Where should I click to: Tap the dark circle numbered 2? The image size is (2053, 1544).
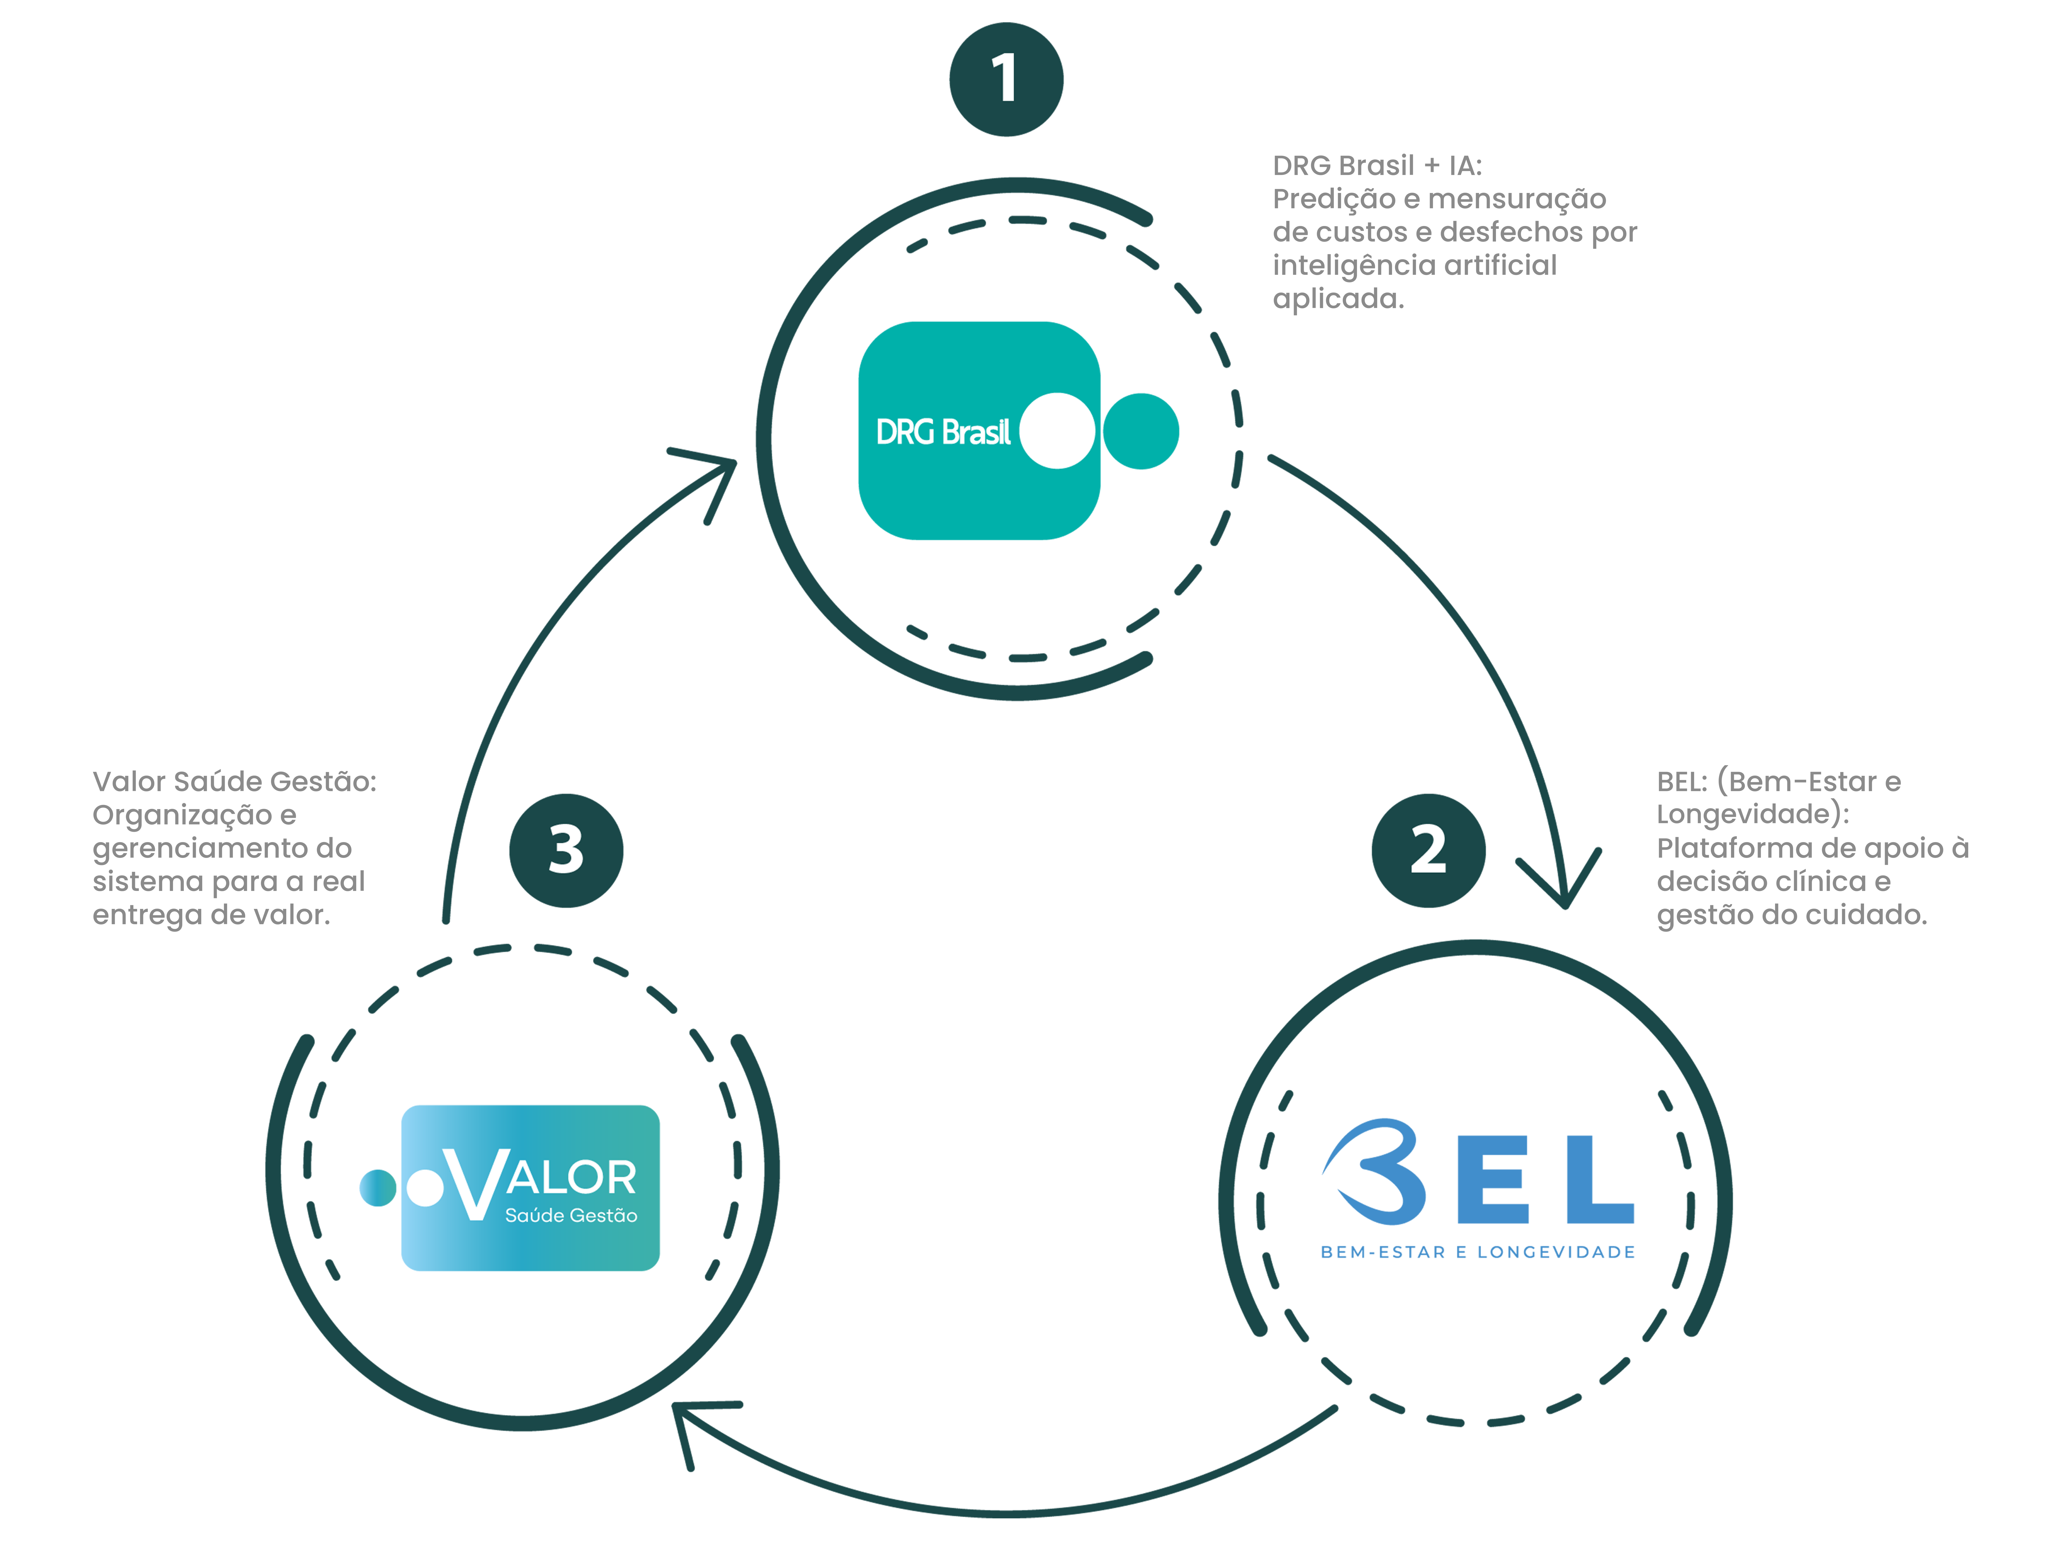(x=1428, y=850)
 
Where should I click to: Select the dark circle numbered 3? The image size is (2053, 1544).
(x=566, y=850)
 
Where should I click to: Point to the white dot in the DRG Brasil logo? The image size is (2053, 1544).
(x=1057, y=431)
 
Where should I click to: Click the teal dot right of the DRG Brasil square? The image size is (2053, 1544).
(x=1141, y=431)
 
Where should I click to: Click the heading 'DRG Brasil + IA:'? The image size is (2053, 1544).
(x=1377, y=165)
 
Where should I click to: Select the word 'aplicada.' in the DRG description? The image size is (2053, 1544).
(x=1338, y=299)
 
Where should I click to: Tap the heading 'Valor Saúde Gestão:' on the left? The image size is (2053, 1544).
(x=235, y=782)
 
